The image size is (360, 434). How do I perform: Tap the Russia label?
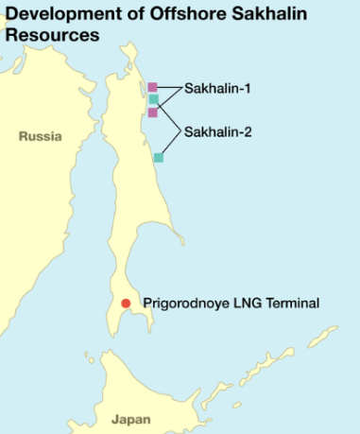pos(40,136)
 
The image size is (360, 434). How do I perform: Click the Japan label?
pos(130,418)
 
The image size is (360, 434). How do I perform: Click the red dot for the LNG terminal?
pos(126,304)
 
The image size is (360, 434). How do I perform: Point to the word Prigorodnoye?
pos(184,304)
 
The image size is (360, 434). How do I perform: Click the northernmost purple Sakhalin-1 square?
pos(153,87)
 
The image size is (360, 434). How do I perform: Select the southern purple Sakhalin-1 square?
pos(153,112)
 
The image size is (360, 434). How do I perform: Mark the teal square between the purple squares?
pos(153,99)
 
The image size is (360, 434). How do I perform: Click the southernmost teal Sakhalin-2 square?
pos(159,157)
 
